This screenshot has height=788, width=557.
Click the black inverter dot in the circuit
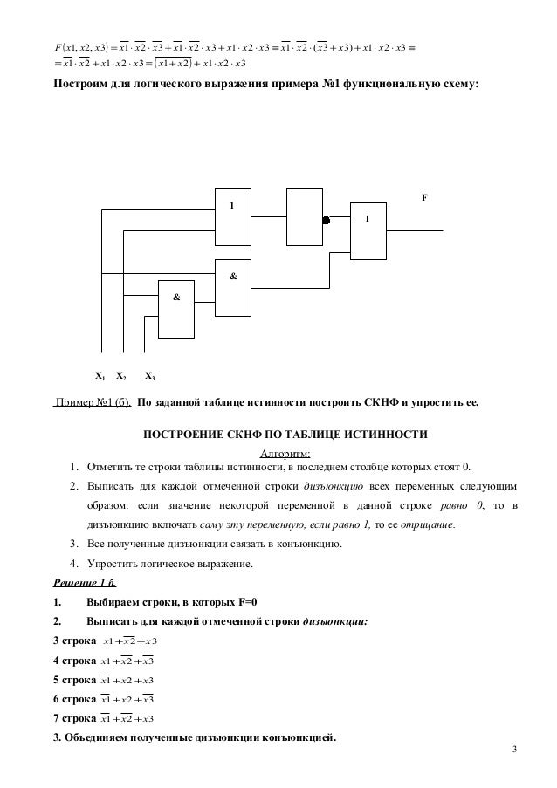coord(326,221)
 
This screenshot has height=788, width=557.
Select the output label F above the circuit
coord(424,197)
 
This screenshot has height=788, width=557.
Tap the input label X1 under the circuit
coord(100,377)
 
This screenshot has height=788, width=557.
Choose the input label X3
coord(149,377)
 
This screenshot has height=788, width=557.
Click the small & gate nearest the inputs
coord(176,307)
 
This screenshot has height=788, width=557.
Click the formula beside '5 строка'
coord(127,680)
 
